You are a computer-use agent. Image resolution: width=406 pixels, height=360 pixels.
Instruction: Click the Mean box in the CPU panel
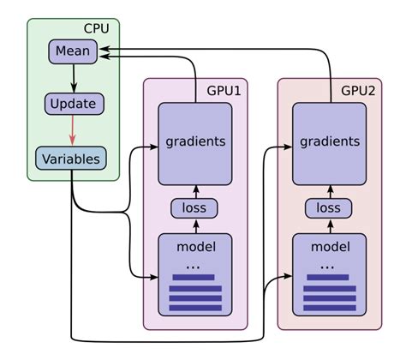pos(73,52)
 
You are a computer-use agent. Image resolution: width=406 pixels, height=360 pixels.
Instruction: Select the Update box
pos(74,105)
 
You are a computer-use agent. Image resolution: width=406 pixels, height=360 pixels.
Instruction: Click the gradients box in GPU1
pos(195,141)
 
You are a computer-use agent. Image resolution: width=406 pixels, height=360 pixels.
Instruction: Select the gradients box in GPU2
pos(330,141)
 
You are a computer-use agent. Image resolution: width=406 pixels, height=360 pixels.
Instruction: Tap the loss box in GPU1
pos(194,208)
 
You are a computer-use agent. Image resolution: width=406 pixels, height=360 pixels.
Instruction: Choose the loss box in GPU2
pos(329,208)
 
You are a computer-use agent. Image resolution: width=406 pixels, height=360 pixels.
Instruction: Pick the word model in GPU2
pos(329,248)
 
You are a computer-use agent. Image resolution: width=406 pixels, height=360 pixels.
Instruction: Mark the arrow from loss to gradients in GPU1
pos(194,191)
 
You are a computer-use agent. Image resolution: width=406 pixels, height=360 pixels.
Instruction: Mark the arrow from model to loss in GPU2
pos(329,225)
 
